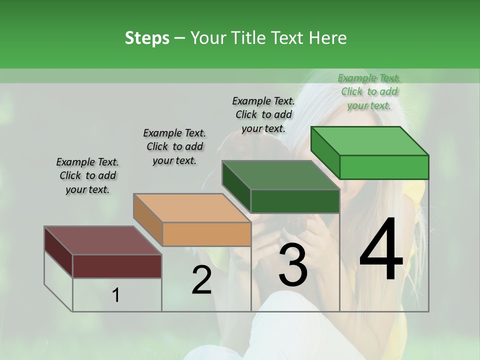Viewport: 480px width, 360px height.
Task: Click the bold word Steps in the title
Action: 147,38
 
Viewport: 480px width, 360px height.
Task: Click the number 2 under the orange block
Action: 201,280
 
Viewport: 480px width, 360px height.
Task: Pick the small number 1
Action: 116,295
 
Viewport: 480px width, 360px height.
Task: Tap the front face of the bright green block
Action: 384,167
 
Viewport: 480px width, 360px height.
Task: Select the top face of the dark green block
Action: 280,175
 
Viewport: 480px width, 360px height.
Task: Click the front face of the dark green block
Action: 295,201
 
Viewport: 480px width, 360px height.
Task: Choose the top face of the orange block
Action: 192,208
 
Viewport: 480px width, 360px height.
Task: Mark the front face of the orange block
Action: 206,234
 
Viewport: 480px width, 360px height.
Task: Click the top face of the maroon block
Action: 103,240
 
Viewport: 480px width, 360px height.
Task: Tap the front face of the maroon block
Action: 117,266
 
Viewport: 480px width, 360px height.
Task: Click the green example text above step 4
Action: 369,91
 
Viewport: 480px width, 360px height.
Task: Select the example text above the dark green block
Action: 263,114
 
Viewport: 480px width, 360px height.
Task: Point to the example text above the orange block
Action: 174,146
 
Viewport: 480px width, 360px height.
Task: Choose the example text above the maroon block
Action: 87,175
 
